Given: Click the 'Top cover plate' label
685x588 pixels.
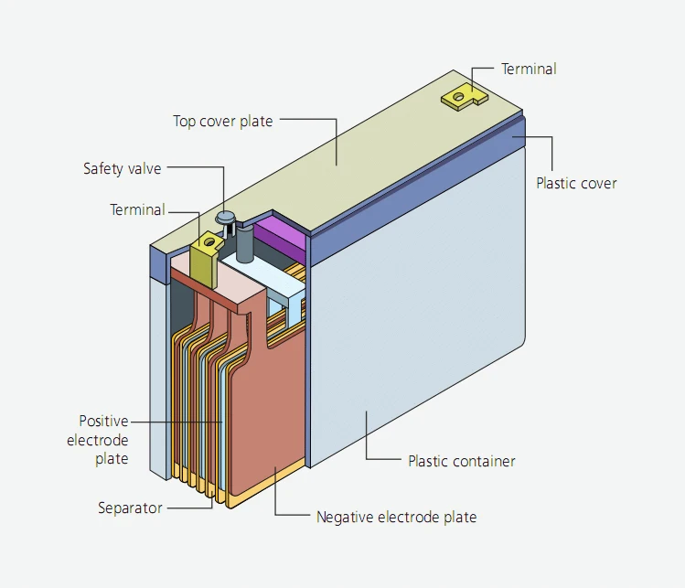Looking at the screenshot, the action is click(223, 121).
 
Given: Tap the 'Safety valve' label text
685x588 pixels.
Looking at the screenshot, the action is click(123, 168).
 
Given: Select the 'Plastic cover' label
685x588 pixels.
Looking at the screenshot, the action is click(576, 183).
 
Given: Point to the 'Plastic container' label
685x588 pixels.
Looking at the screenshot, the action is click(462, 461).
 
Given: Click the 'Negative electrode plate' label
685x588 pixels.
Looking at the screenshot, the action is click(396, 517).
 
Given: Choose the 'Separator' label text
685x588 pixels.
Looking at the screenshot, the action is click(130, 508).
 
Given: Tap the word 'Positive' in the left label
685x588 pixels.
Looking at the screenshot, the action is click(103, 421).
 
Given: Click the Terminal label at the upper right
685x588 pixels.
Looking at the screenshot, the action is click(529, 69).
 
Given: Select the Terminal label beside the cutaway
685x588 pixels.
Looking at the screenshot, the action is click(137, 209).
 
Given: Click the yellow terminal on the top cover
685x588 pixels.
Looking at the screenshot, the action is click(463, 98).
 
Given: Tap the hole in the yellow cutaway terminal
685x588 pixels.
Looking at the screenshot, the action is click(209, 241).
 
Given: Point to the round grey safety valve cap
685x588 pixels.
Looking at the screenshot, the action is click(226, 216).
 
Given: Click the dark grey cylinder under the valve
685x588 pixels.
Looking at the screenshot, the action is click(245, 244).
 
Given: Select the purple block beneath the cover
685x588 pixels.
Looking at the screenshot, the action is click(281, 236).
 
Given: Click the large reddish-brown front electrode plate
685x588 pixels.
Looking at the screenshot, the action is click(267, 415).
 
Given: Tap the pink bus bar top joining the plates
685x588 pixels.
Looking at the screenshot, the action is click(219, 284).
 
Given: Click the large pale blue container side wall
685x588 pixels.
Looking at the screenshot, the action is click(417, 305).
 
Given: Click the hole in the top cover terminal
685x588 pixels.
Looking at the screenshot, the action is click(458, 97).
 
